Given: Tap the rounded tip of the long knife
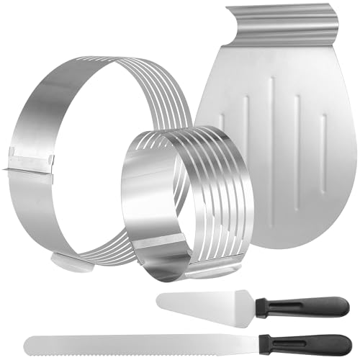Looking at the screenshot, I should [27, 339].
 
